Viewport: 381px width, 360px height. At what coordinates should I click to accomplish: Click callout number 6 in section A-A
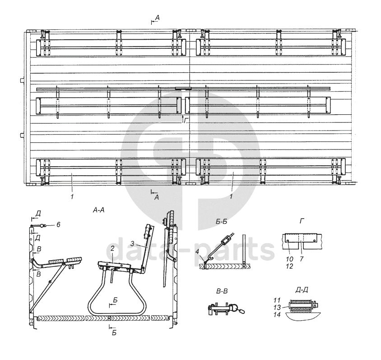(x=58, y=224)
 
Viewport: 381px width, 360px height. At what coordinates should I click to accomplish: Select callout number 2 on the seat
(x=112, y=248)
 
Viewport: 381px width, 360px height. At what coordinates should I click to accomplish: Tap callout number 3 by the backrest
(x=132, y=243)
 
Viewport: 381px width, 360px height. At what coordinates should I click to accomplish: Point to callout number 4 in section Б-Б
(x=197, y=251)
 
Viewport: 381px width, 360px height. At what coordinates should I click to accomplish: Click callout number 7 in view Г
(x=301, y=259)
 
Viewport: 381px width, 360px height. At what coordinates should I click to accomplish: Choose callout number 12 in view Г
(x=290, y=266)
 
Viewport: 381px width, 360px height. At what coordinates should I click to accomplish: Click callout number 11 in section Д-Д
(x=277, y=300)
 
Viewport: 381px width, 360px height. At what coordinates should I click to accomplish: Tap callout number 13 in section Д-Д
(x=277, y=308)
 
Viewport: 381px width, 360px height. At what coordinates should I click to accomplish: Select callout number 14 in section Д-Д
(x=277, y=314)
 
